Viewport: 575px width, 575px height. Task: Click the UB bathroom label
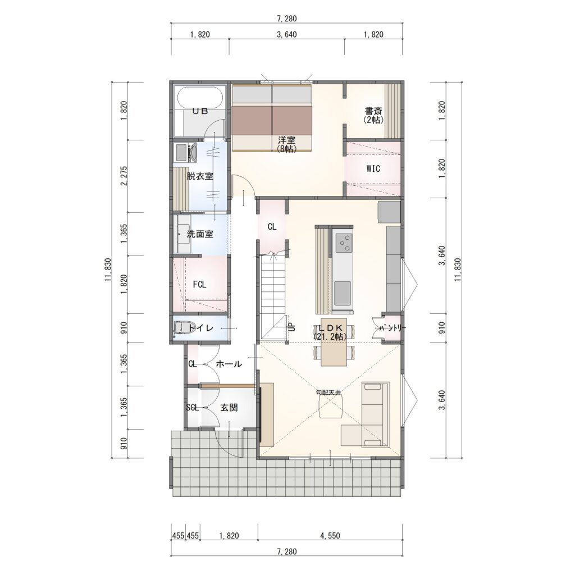pyautogui.click(x=200, y=111)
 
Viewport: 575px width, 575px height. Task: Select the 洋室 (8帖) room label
pyautogui.click(x=287, y=144)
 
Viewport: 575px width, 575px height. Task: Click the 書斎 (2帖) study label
pyautogui.click(x=373, y=115)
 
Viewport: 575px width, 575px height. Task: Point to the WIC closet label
pyautogui.click(x=373, y=168)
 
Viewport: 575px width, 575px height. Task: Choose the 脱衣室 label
pyautogui.click(x=200, y=176)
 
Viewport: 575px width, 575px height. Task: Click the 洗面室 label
pyautogui.click(x=200, y=234)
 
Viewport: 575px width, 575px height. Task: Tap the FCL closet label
pyautogui.click(x=199, y=284)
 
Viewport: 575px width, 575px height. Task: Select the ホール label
pyautogui.click(x=229, y=364)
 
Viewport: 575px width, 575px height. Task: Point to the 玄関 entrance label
pyautogui.click(x=229, y=408)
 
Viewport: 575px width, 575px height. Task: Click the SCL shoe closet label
pyautogui.click(x=192, y=408)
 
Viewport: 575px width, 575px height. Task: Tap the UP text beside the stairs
pyautogui.click(x=292, y=327)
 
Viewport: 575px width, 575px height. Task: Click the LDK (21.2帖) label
pyautogui.click(x=330, y=331)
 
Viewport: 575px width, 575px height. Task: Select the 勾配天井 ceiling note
pyautogui.click(x=328, y=393)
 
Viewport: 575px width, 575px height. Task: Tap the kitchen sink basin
pyautogui.click(x=343, y=293)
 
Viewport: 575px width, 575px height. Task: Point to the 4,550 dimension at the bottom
pyautogui.click(x=330, y=536)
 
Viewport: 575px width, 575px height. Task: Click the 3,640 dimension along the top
pyautogui.click(x=287, y=34)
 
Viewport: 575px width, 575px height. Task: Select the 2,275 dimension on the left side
pyautogui.click(x=124, y=176)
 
